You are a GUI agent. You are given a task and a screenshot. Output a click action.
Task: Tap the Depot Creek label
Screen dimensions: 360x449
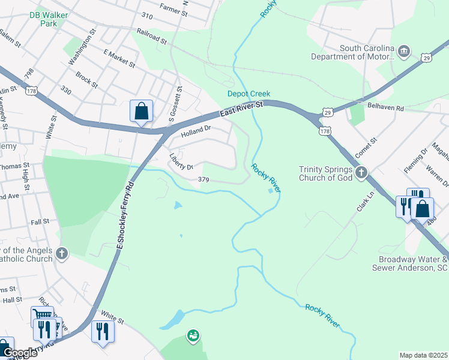pos(249,94)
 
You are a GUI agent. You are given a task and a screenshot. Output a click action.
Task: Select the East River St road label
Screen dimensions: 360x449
pos(241,108)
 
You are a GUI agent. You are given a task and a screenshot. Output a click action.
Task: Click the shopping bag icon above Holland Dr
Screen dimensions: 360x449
pos(141,111)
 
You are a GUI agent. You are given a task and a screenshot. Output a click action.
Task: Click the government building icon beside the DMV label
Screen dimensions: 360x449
pos(404,52)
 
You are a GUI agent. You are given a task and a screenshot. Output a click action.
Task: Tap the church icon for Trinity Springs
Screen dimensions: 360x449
pos(361,173)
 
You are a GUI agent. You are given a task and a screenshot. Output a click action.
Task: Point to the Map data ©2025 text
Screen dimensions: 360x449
pos(423,355)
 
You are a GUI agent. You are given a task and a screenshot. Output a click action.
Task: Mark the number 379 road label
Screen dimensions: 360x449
pos(203,179)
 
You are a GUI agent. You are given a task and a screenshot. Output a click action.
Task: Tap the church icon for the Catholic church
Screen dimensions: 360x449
pos(61,253)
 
